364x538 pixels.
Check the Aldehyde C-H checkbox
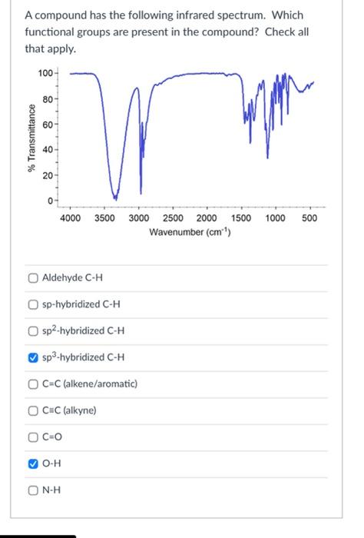pos(31,277)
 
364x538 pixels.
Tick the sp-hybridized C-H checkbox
pos(31,304)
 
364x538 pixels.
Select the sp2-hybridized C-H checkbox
pos(31,331)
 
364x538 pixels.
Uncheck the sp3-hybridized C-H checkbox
pos(31,357)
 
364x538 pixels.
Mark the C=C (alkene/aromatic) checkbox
pos(31,384)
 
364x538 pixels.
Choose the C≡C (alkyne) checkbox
pos(31,410)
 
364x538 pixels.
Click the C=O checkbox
pos(31,437)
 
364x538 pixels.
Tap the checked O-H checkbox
pos(31,463)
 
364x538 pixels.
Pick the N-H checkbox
pos(31,490)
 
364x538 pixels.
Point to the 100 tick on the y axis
pos(45,73)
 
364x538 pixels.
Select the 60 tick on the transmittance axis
pos(48,125)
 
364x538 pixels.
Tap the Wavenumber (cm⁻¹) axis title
pos(190,232)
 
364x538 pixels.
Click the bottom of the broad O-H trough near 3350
pos(114,195)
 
